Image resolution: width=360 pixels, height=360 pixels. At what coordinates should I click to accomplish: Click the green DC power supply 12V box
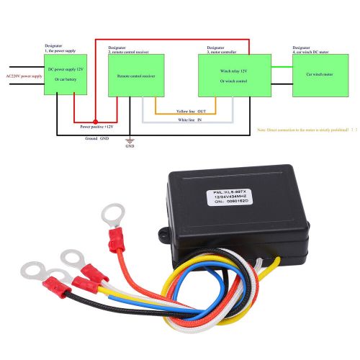coord(66,75)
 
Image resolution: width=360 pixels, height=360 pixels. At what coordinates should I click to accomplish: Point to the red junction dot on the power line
coord(95,120)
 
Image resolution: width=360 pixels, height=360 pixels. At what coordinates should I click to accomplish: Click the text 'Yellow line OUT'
coord(191,112)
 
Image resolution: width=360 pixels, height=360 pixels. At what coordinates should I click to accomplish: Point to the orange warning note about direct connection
coord(307,130)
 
